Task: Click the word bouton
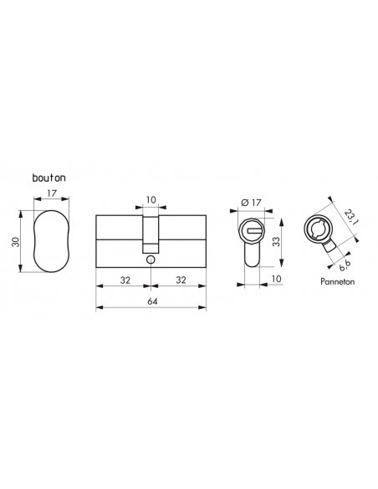pyautogui.click(x=49, y=178)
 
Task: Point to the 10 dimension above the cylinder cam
pyautogui.click(x=151, y=198)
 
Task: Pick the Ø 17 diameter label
pyautogui.click(x=250, y=201)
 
